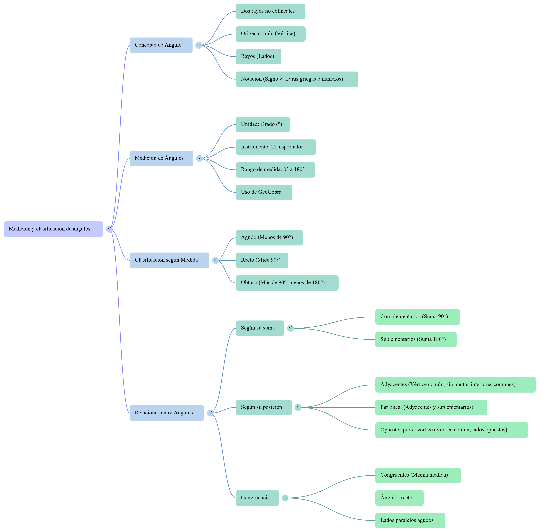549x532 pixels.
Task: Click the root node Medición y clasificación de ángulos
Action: point(53,229)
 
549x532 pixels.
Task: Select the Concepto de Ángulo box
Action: point(161,45)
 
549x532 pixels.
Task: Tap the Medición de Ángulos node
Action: point(161,158)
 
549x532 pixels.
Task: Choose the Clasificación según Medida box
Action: point(169,260)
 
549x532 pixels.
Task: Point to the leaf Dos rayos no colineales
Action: point(271,11)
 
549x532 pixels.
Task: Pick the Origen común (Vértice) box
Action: point(271,34)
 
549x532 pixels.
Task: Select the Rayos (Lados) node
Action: point(259,57)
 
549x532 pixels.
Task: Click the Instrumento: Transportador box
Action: point(276,147)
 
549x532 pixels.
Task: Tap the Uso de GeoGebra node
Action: point(264,192)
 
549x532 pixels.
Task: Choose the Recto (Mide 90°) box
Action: point(262,260)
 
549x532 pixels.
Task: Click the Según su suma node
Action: point(260,328)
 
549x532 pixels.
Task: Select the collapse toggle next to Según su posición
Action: point(298,408)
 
